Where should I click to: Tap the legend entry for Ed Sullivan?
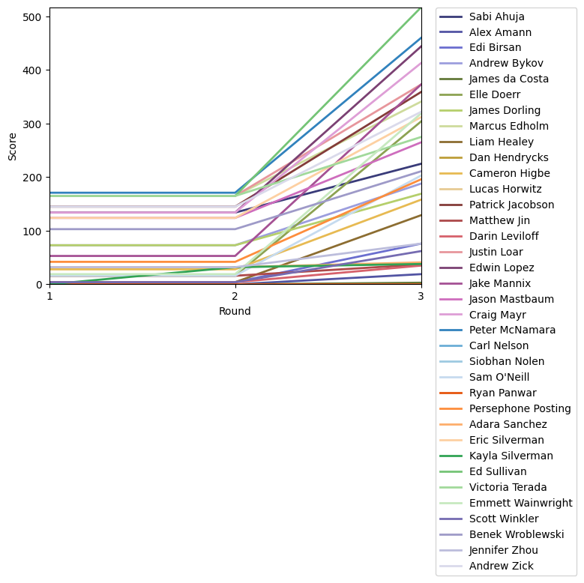(498, 472)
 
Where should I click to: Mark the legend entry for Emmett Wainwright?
(520, 504)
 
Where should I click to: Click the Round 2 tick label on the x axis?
(235, 296)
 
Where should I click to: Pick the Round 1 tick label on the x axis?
(49, 296)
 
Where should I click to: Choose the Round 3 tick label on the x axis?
(421, 296)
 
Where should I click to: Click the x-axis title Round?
(235, 311)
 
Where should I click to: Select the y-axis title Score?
(13, 146)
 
